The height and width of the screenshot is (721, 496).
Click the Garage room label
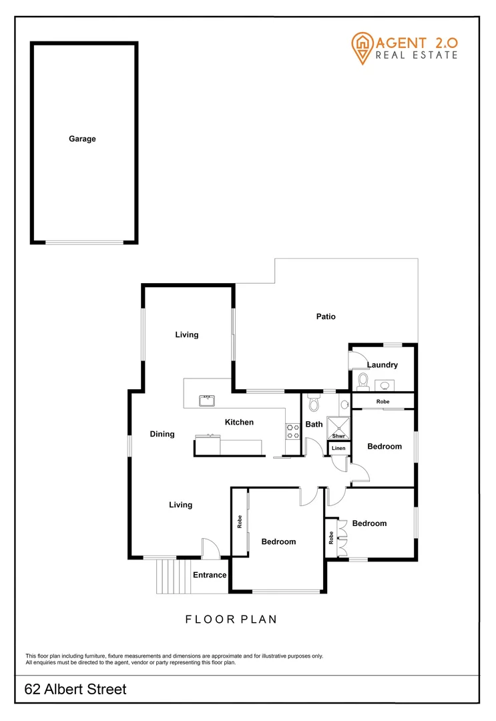(82, 139)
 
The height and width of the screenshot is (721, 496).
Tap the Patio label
(326, 316)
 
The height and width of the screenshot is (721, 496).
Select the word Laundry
(383, 365)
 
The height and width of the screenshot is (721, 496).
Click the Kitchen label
(239, 422)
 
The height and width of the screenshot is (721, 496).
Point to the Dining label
(162, 434)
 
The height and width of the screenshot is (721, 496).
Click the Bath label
(314, 424)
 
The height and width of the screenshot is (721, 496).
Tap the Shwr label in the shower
(338, 435)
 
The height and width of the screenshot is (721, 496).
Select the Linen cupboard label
(338, 448)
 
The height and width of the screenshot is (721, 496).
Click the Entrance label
(210, 575)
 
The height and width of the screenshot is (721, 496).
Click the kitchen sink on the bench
(207, 401)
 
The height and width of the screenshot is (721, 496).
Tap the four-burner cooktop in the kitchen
(292, 431)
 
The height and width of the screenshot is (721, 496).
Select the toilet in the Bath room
(314, 404)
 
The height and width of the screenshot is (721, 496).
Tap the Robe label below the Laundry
(383, 402)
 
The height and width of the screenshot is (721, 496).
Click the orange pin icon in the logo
(361, 47)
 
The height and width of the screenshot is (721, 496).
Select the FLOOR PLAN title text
(231, 620)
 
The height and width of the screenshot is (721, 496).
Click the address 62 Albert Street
(75, 690)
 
